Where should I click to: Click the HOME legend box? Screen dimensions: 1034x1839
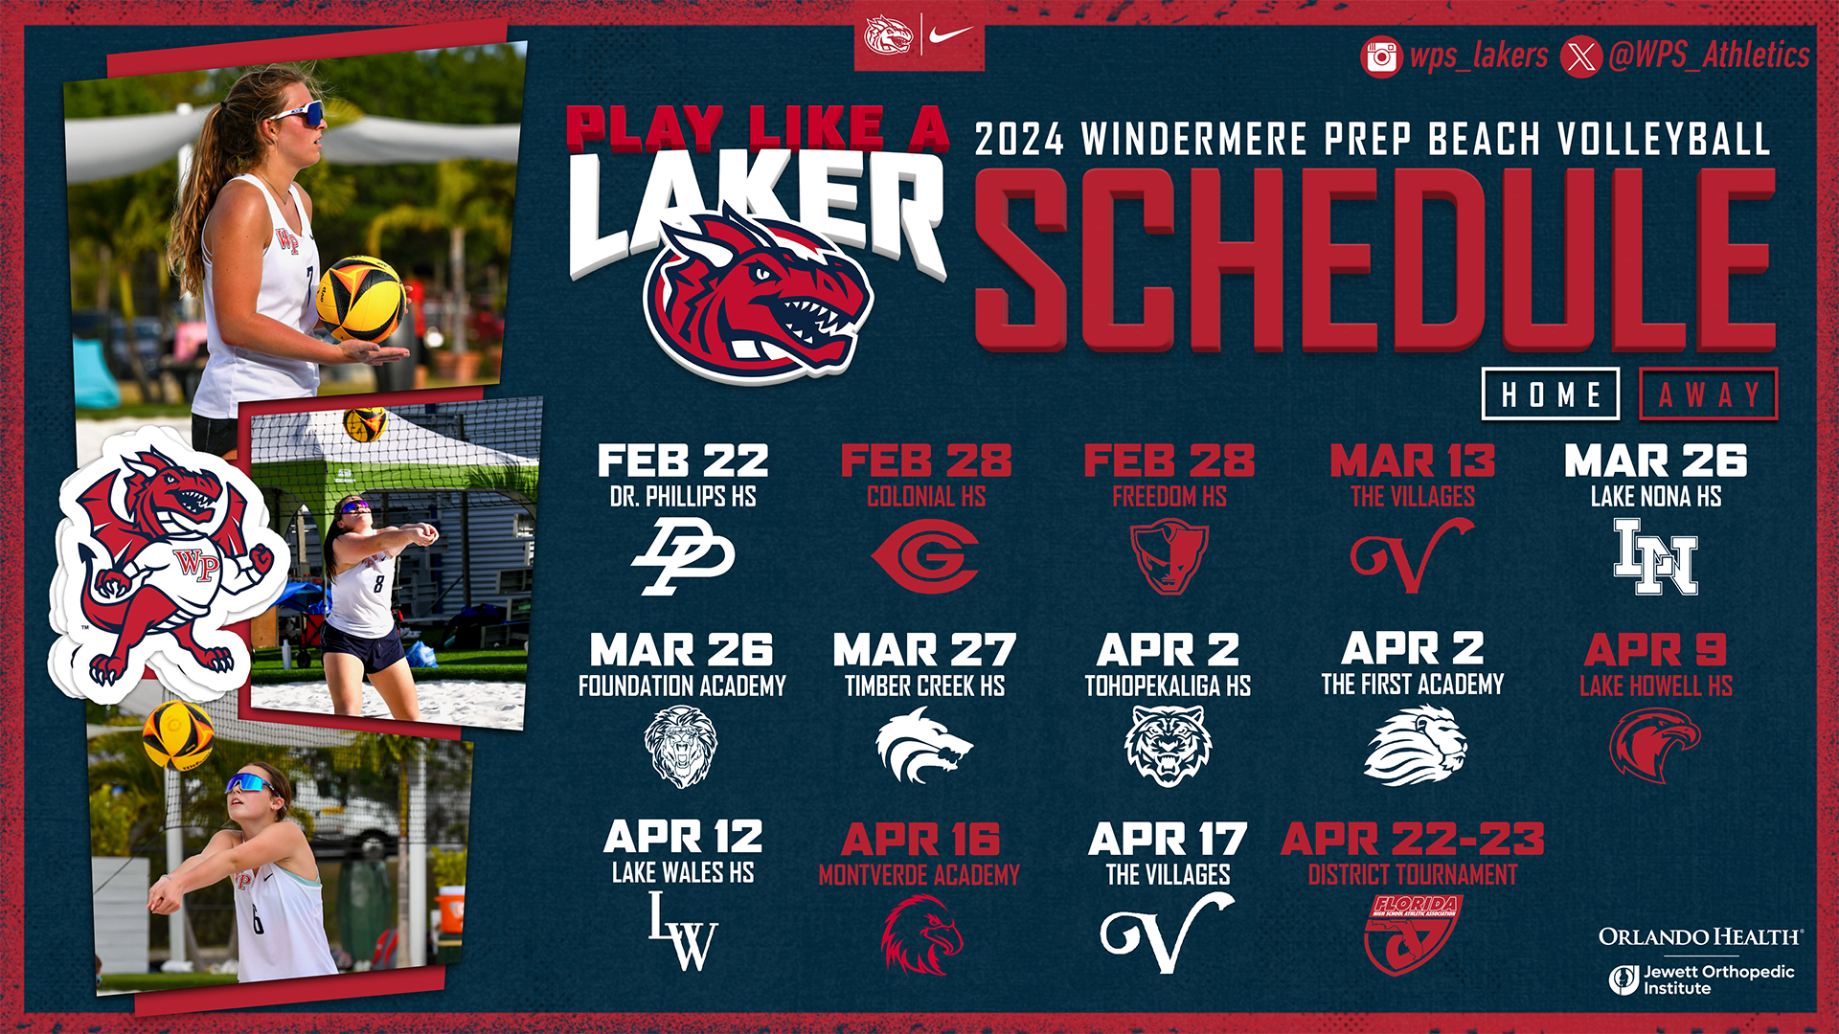[x=1550, y=393]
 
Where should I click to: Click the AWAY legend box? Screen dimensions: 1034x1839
[x=1709, y=393]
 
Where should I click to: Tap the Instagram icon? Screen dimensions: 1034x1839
[x=1380, y=56]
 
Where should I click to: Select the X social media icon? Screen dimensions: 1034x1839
[x=1581, y=56]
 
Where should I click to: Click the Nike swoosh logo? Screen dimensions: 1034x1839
[x=951, y=35]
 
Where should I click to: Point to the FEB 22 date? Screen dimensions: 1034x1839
[x=683, y=461]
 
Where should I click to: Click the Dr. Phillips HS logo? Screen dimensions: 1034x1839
[x=683, y=555]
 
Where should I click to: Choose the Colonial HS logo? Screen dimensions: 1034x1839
[x=925, y=556]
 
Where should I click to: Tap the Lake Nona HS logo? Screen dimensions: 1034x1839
[x=1655, y=556]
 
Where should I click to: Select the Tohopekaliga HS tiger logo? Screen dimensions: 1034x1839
[x=1168, y=745]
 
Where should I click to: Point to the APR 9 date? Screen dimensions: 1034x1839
[x=1655, y=650]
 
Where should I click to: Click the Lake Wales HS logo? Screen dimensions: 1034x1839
[x=683, y=932]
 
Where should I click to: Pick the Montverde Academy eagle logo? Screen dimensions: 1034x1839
[x=920, y=934]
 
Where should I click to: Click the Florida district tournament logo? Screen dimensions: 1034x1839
[x=1412, y=933]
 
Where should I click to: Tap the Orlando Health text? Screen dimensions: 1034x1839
[x=1700, y=936]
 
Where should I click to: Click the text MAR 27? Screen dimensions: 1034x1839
[x=924, y=650]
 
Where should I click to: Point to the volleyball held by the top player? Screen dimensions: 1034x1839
[x=360, y=299]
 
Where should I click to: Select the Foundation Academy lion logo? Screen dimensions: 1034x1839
[x=681, y=746]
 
